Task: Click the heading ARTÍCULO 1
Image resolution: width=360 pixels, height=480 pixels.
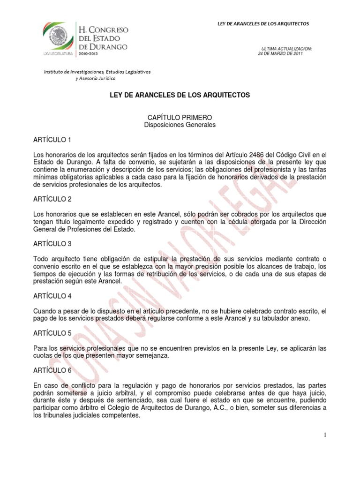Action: coord(52,140)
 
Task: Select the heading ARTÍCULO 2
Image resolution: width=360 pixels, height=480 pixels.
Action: coord(52,199)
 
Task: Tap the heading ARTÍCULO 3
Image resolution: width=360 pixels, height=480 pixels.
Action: coord(52,244)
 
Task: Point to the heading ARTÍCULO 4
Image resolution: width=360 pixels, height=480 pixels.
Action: coord(52,296)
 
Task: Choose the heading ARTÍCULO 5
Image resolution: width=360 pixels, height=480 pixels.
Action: coord(52,333)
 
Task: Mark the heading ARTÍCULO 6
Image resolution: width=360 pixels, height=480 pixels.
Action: coord(52,370)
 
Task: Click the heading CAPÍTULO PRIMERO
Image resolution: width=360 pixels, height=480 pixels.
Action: coord(180,117)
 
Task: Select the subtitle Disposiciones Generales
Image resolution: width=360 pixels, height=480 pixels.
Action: coord(180,125)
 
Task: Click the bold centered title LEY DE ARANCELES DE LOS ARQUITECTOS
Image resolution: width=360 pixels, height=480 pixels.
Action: coord(180,95)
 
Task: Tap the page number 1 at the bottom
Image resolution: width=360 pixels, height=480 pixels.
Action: coord(324,435)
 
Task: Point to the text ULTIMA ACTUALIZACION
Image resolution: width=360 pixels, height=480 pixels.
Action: coord(286,49)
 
